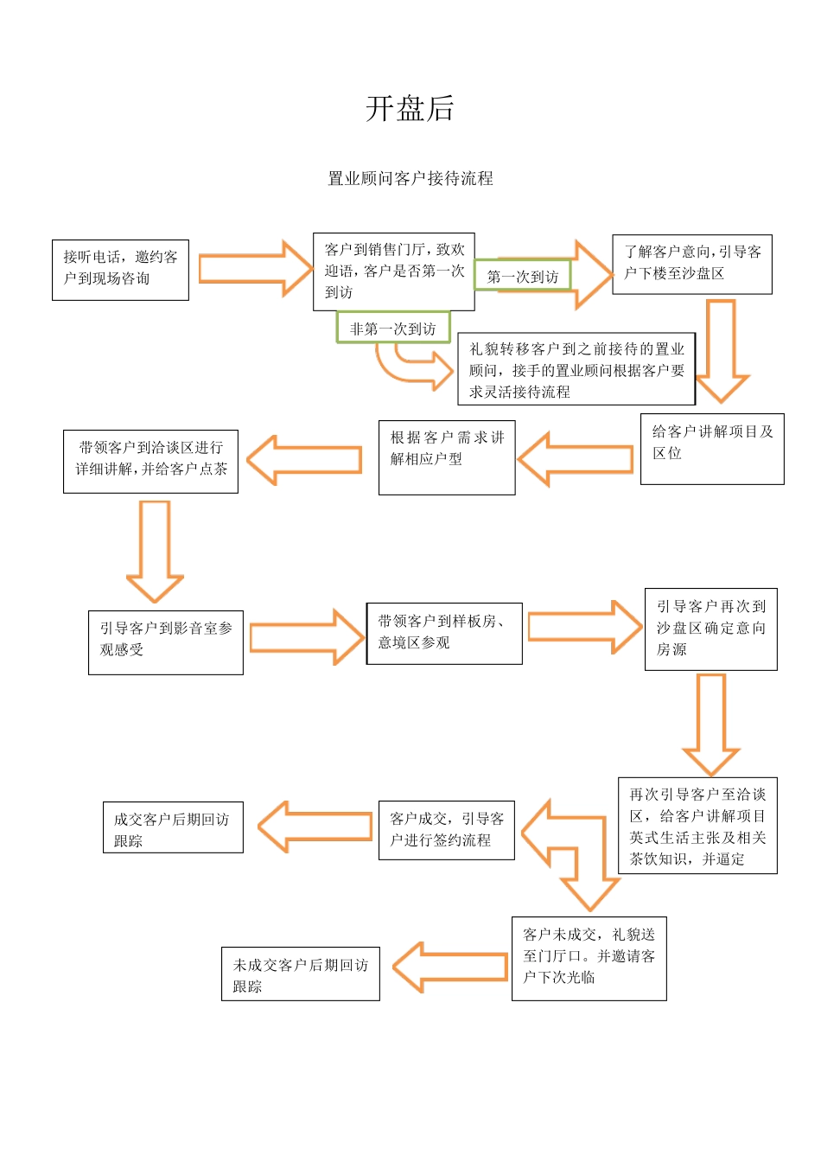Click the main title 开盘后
(x=410, y=108)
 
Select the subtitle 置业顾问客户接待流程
(x=410, y=178)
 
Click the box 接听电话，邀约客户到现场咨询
(x=120, y=270)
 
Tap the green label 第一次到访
(x=523, y=277)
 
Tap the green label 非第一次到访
(x=393, y=329)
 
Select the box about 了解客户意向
(x=691, y=264)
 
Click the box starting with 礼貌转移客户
(x=576, y=370)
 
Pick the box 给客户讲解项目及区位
(x=712, y=449)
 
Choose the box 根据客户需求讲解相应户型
(x=447, y=457)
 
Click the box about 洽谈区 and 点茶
(x=150, y=462)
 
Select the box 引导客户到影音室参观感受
(x=166, y=642)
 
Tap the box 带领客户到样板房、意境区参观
(x=444, y=634)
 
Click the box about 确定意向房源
(x=710, y=629)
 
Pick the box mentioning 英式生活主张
(x=697, y=826)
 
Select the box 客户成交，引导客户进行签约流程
(x=447, y=830)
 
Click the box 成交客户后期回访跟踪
(x=173, y=827)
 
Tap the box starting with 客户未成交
(x=589, y=959)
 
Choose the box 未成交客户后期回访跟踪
(x=300, y=974)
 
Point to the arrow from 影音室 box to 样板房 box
(x=306, y=638)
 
